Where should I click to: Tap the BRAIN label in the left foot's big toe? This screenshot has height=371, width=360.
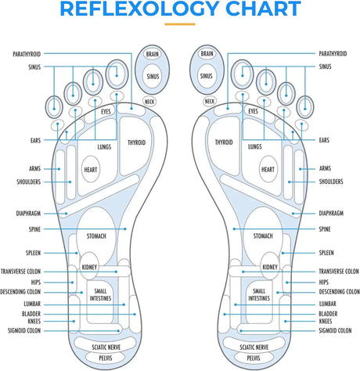click(152, 54)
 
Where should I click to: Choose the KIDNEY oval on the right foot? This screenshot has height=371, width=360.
click(270, 267)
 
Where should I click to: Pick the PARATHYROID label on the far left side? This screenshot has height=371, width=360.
click(27, 54)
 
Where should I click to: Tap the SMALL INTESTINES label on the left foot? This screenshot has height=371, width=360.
click(99, 295)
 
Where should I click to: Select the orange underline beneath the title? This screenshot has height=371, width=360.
click(180, 24)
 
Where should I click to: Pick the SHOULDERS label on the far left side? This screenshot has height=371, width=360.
click(24, 182)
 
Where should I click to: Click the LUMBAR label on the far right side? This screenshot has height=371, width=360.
click(329, 303)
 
